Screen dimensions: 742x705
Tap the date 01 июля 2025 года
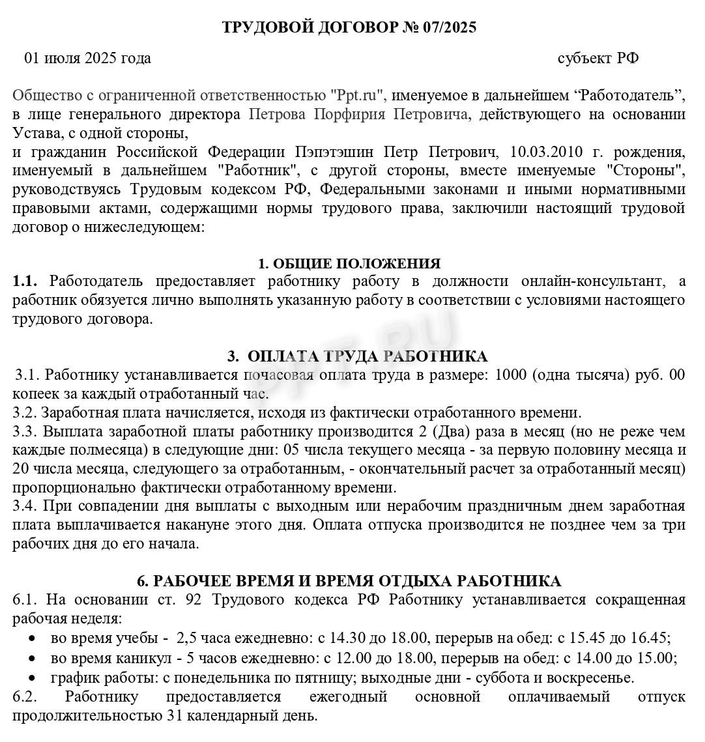(87, 58)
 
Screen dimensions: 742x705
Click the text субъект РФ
(597, 58)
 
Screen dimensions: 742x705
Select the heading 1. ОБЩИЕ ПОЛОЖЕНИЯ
(349, 264)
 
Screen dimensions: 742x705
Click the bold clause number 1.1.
(25, 281)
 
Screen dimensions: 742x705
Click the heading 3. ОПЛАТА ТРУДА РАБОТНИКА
(357, 356)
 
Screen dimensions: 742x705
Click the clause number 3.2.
(25, 412)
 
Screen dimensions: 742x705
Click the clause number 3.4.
(25, 506)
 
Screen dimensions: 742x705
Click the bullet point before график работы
(33, 678)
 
